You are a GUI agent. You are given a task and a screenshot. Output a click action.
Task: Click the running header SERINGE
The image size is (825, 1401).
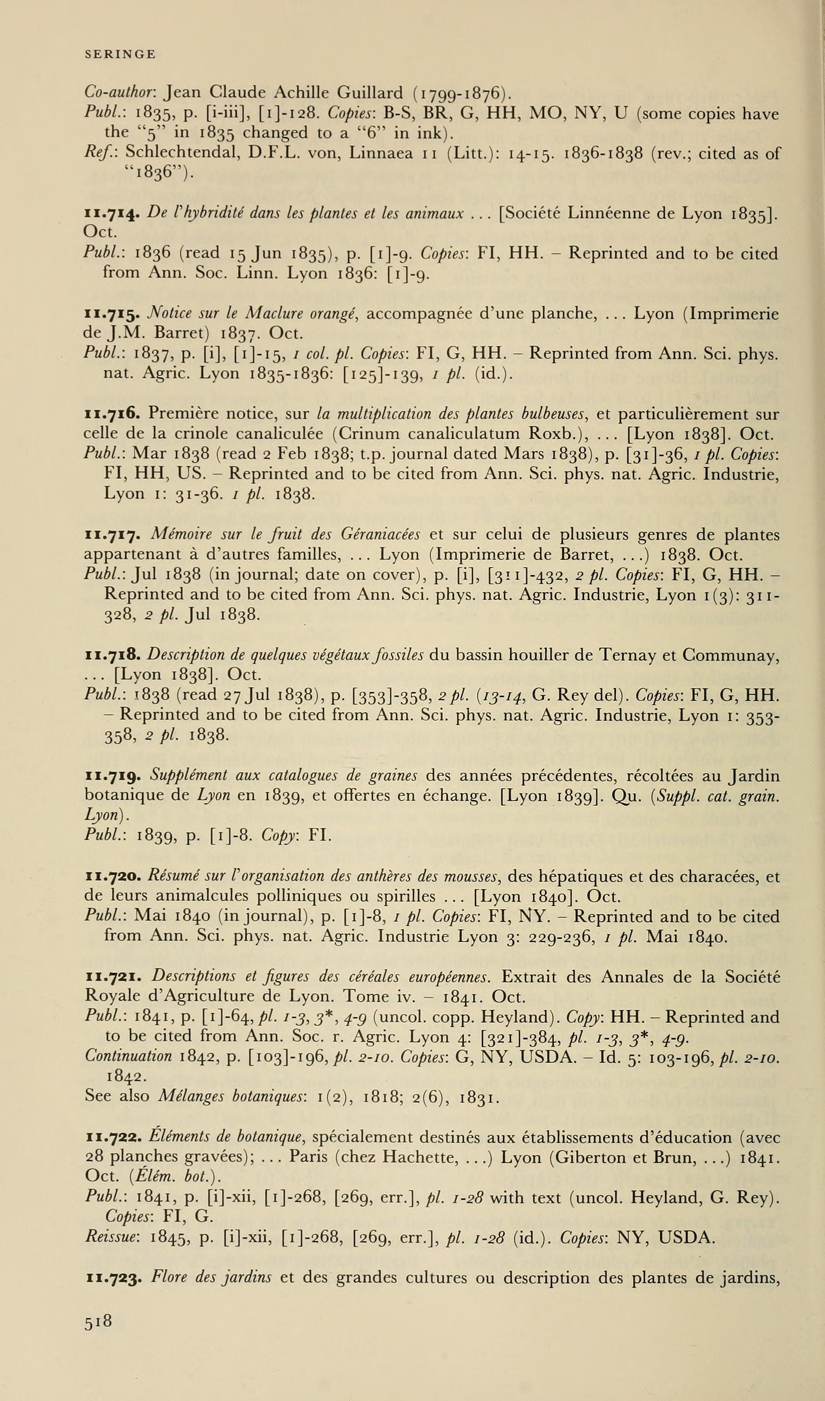(120, 55)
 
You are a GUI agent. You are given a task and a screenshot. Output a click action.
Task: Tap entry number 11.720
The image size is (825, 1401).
(113, 877)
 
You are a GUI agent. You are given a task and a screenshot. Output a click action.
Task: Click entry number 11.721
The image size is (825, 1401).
(114, 977)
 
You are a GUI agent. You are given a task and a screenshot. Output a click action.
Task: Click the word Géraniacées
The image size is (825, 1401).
(379, 535)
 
